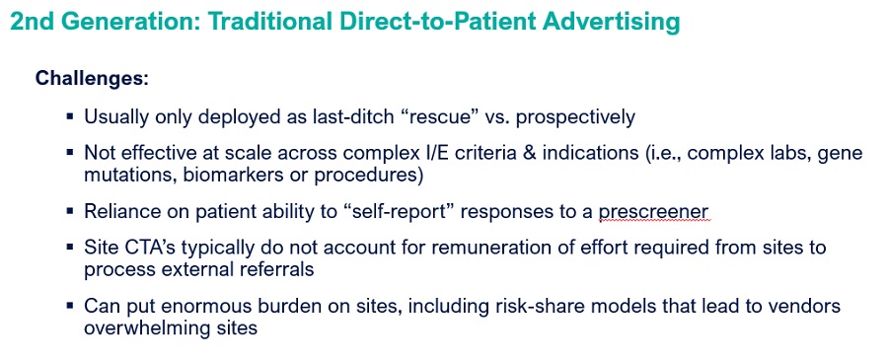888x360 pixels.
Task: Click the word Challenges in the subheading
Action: (91, 78)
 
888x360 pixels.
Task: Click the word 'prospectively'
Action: (575, 117)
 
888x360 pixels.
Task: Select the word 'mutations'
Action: (129, 176)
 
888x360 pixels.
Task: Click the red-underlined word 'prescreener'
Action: (653, 212)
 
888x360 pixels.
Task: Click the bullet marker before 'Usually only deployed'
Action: (70, 117)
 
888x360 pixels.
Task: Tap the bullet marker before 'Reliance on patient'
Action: (70, 211)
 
